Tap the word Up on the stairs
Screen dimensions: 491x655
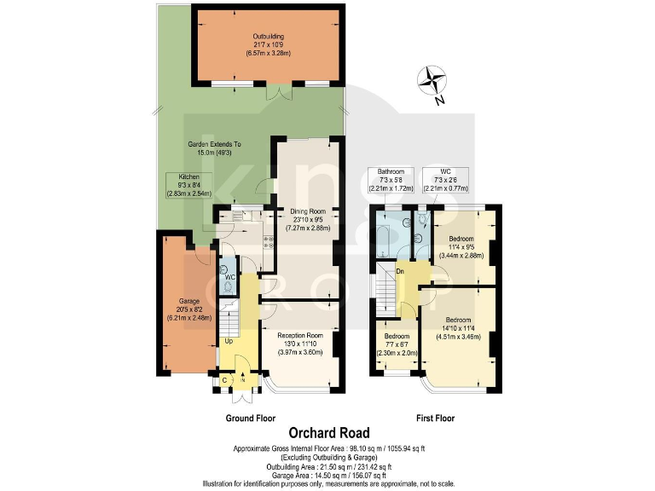point(229,342)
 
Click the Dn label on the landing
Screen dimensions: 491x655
point(399,272)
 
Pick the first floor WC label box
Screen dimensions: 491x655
point(445,181)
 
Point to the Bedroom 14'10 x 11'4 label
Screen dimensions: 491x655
point(458,327)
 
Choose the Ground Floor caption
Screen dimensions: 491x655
point(249,418)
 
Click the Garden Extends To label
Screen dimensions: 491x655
point(213,148)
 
